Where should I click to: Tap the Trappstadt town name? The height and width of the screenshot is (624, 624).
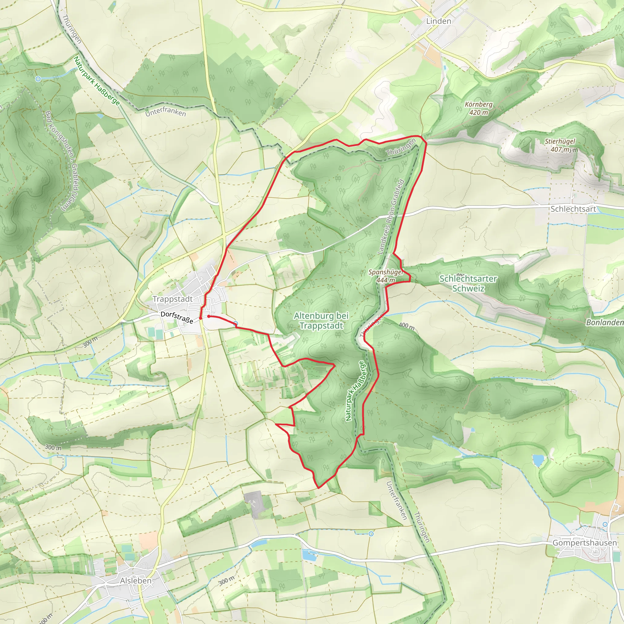(172, 299)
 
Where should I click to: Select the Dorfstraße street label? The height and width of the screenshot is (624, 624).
(177, 317)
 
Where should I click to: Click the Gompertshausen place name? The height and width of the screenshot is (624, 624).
(585, 543)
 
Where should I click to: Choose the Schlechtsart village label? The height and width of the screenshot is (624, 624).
(573, 209)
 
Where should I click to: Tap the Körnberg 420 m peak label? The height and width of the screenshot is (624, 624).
(479, 108)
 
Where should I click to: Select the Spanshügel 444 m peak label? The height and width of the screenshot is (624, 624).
(386, 276)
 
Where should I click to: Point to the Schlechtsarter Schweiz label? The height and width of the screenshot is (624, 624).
(468, 283)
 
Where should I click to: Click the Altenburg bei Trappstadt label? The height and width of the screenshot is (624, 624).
(321, 321)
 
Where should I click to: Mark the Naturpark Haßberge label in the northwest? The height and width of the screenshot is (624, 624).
(97, 81)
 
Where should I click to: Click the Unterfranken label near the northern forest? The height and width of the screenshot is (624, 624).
(165, 112)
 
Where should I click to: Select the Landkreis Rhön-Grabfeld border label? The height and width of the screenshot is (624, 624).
(391, 217)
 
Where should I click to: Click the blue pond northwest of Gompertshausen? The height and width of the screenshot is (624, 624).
(538, 460)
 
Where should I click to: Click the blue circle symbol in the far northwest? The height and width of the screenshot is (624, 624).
(38, 79)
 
